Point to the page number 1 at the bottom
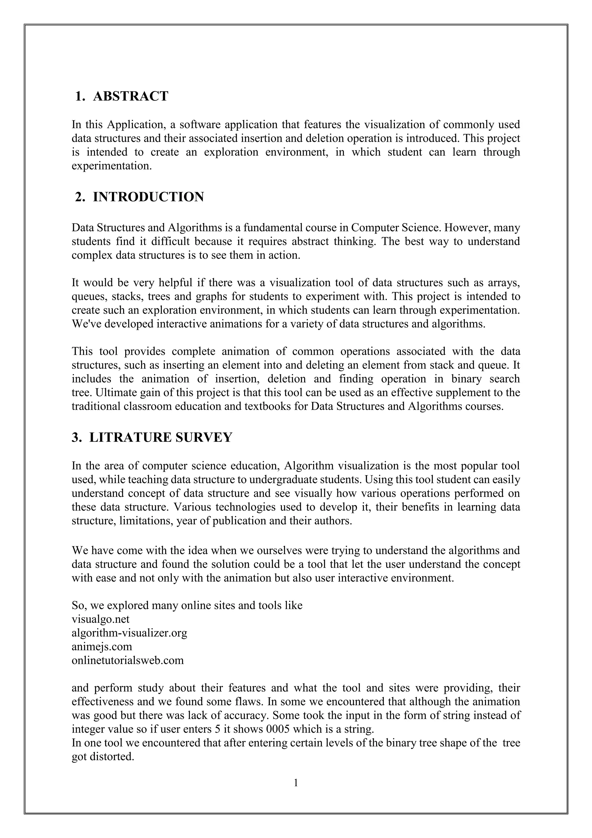click(296, 782)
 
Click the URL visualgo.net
click(101, 619)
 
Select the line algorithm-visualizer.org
click(129, 633)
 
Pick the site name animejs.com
click(102, 647)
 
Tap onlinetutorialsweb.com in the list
click(127, 661)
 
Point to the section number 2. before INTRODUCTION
click(80, 197)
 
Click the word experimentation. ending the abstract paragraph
click(112, 166)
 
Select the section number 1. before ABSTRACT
click(80, 96)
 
